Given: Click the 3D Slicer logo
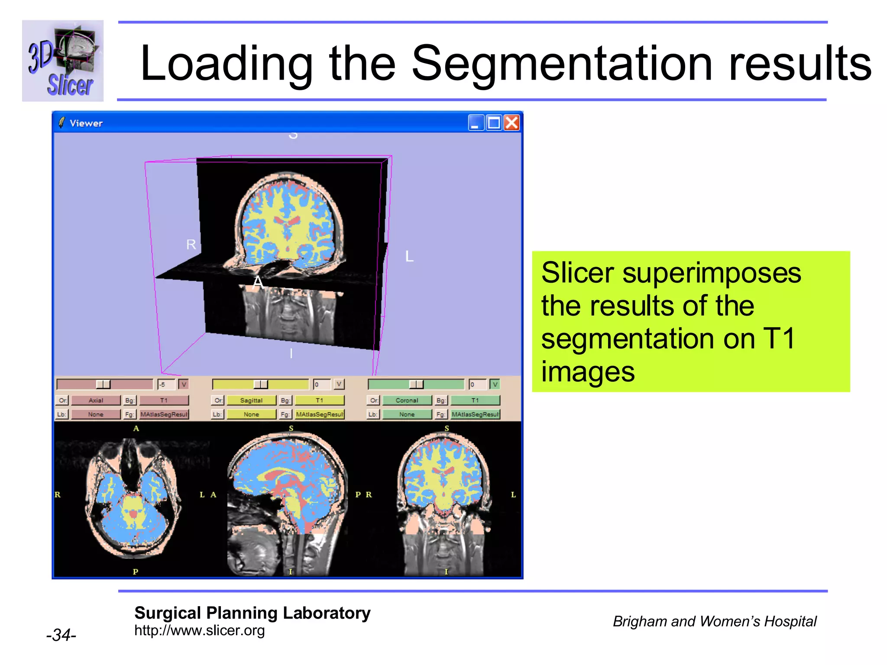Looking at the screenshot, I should click(63, 61).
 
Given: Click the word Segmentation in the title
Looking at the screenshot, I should click(561, 64).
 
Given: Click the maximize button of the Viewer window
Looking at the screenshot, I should click(494, 123).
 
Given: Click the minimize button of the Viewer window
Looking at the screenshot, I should click(476, 123).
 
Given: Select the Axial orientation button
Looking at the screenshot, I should click(96, 400).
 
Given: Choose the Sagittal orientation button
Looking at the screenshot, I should click(251, 400).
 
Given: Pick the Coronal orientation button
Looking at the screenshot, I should click(407, 400).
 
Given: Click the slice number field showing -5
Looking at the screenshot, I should click(166, 384).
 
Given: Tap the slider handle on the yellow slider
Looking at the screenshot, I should click(260, 384).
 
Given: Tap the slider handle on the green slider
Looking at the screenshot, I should click(416, 384).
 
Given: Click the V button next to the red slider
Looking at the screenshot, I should click(184, 384).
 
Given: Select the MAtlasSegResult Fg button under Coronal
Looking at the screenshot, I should click(475, 414).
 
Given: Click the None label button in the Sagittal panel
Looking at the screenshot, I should click(251, 414).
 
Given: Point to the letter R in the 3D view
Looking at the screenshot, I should click(191, 245).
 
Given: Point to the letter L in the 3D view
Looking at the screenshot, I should click(409, 256).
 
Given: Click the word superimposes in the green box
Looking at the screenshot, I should click(711, 274).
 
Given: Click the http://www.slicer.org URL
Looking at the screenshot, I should click(199, 630).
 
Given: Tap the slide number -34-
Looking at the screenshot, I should click(61, 635).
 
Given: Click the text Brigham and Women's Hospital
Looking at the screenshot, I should click(714, 621).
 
